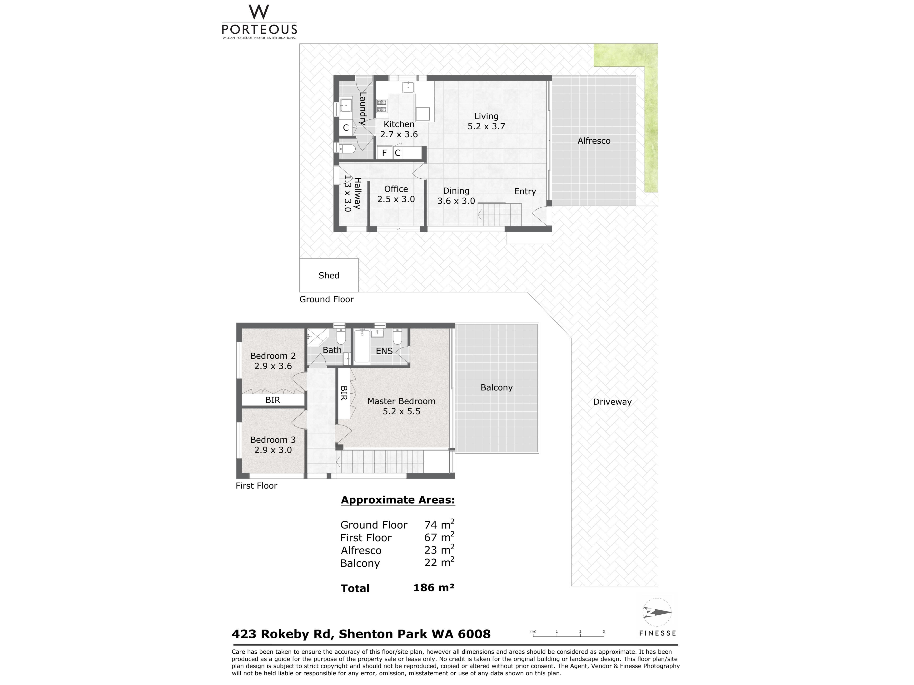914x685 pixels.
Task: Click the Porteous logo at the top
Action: [x=259, y=21]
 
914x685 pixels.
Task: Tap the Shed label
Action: [x=329, y=275]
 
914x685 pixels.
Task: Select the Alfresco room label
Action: [x=594, y=141]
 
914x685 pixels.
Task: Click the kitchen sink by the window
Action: [x=408, y=87]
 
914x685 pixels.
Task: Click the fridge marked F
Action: [x=384, y=153]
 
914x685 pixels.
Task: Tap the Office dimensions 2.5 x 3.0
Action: [x=396, y=199]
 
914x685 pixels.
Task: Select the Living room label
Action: [x=486, y=117]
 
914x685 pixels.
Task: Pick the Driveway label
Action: [x=612, y=402]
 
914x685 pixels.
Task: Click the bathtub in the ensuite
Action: [x=362, y=346]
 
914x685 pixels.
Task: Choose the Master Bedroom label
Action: [x=401, y=401]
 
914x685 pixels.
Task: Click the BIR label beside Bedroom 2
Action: [x=273, y=400]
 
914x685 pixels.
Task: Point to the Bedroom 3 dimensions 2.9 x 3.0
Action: [x=273, y=450]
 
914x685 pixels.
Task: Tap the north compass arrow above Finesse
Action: [x=657, y=612]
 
